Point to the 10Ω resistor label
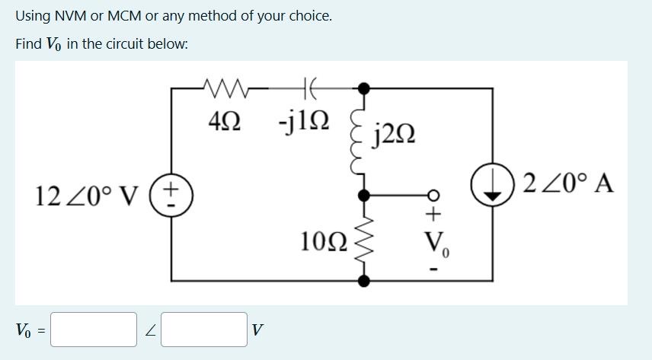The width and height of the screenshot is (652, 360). tap(323, 242)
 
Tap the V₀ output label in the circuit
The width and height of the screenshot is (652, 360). tap(436, 244)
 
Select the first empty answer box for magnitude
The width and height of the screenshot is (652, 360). tap(94, 330)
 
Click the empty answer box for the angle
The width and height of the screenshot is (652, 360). tap(203, 330)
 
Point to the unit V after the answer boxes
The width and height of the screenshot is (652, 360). tap(257, 330)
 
